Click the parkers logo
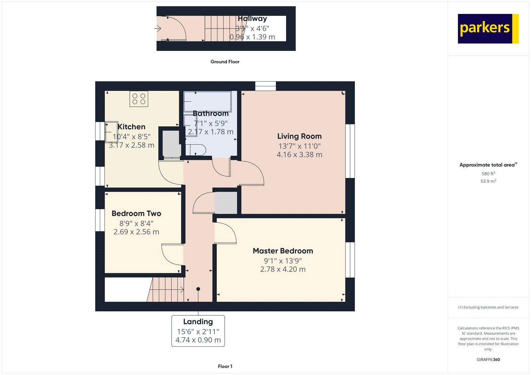pyautogui.click(x=488, y=29)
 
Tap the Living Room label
pyautogui.click(x=299, y=136)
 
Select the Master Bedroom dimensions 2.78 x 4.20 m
pyautogui.click(x=283, y=269)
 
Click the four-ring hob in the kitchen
pyautogui.click(x=139, y=99)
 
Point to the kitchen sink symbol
pyautogui.click(x=112, y=132)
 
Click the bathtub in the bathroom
pyautogui.click(x=208, y=101)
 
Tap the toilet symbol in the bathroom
pyautogui.click(x=196, y=150)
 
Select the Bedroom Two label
pyautogui.click(x=136, y=214)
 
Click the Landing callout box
pyautogui.click(x=198, y=331)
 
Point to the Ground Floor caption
pyautogui.click(x=225, y=62)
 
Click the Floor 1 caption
pyautogui.click(x=225, y=366)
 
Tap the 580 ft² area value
pyautogui.click(x=488, y=173)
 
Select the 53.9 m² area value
pyautogui.click(x=488, y=181)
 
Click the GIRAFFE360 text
pyautogui.click(x=488, y=359)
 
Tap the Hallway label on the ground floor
pyautogui.click(x=252, y=19)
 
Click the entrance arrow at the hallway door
pyautogui.click(x=158, y=29)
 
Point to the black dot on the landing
pyautogui.click(x=198, y=289)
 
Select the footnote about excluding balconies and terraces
pyautogui.click(x=488, y=307)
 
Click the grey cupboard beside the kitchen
pyautogui.click(x=172, y=144)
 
